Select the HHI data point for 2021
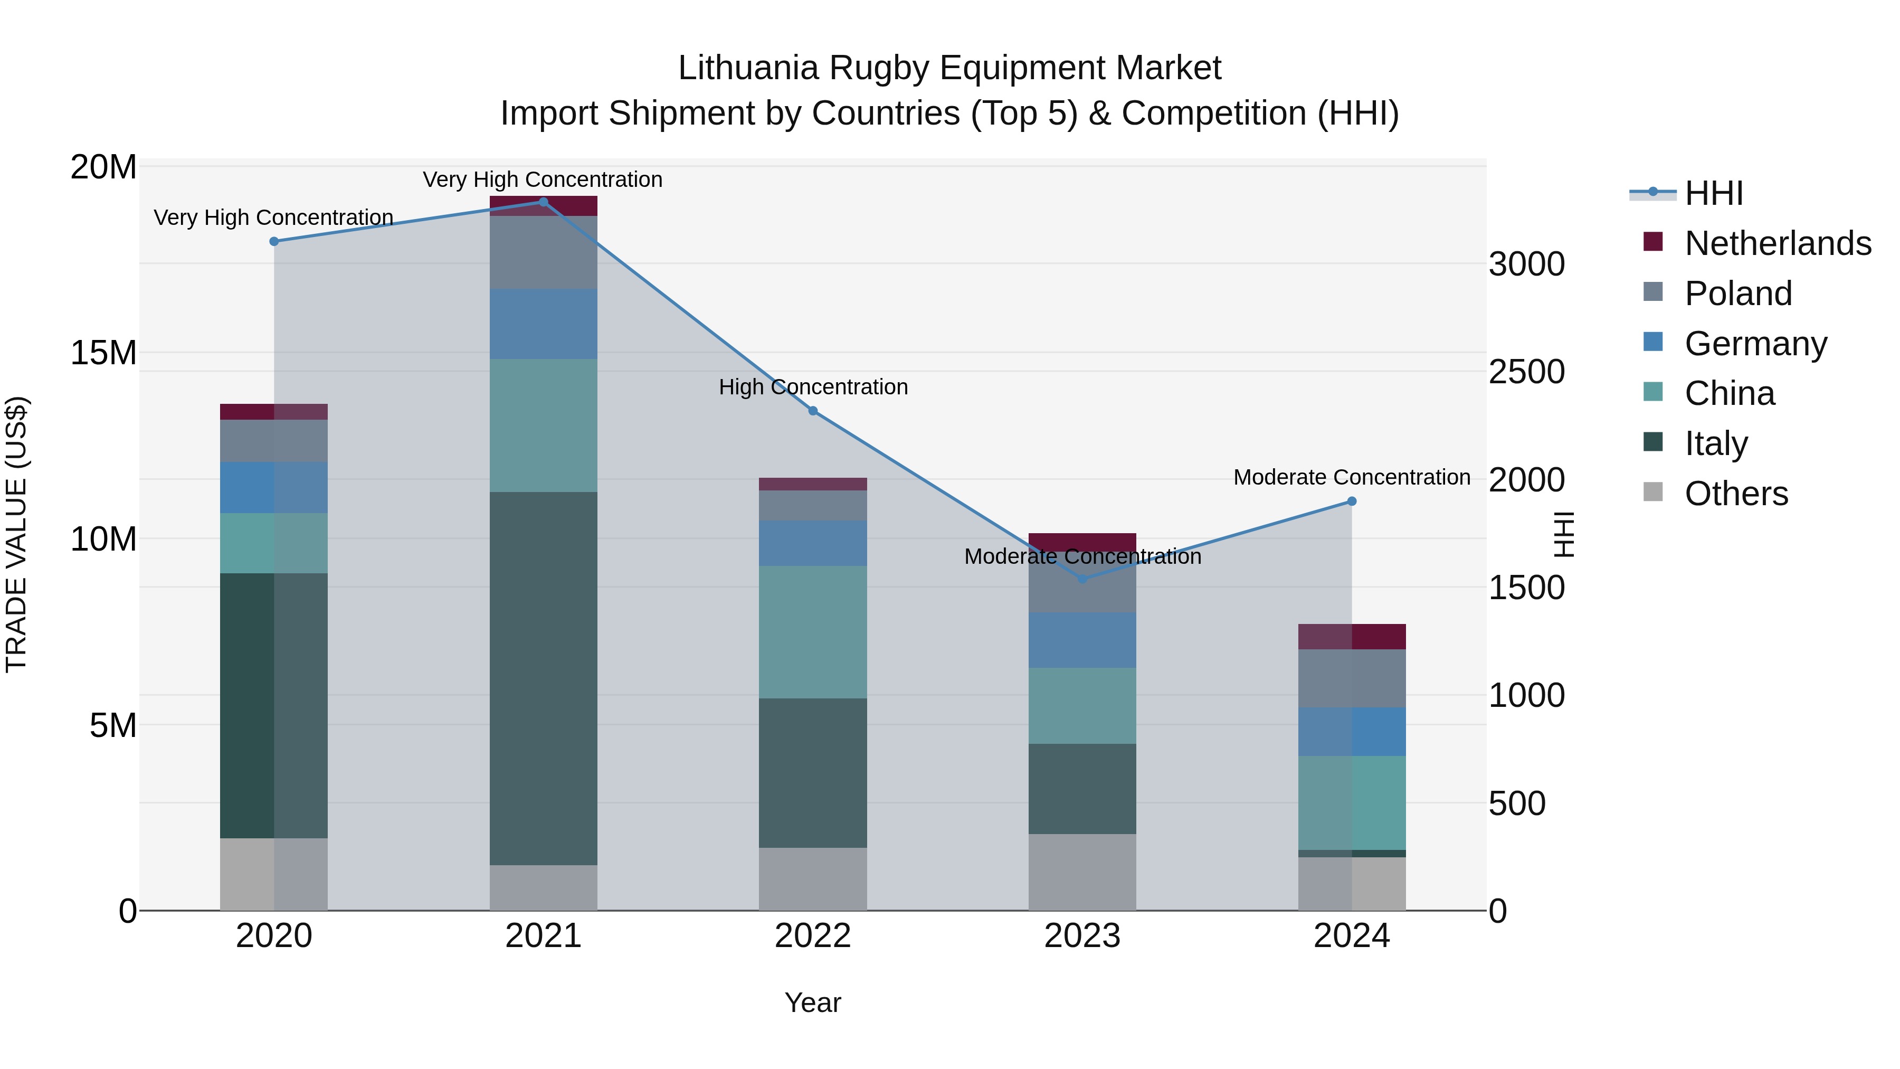point(544,202)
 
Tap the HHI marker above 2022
point(813,411)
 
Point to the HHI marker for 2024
point(1352,502)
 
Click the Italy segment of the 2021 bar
point(544,679)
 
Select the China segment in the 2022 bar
point(813,632)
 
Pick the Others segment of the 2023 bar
point(1082,872)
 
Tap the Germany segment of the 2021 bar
point(544,324)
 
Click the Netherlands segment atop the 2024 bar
point(1352,637)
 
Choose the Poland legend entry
point(1738,294)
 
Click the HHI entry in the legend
point(1713,193)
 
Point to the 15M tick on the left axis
point(103,353)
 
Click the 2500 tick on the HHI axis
point(1526,372)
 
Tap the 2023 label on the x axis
point(1082,936)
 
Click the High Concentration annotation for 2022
point(813,387)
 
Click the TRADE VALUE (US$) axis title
point(16,535)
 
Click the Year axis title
point(813,1002)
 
